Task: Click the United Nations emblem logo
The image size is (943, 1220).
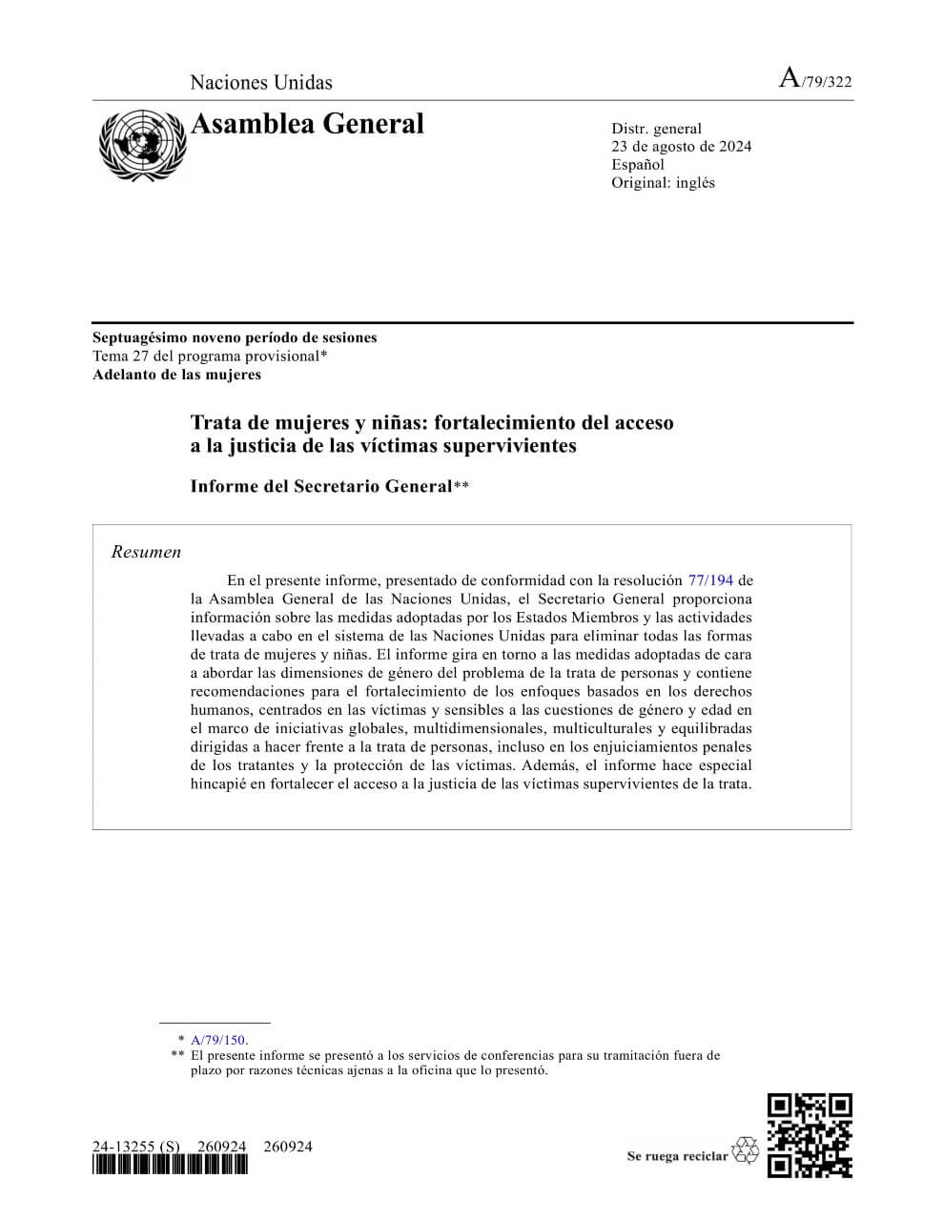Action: click(x=141, y=146)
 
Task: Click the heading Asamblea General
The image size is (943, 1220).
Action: click(x=307, y=124)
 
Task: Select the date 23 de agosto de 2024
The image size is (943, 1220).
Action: click(x=681, y=146)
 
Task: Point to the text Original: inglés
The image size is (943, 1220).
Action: click(x=663, y=182)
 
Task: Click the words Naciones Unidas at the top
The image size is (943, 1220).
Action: click(x=261, y=82)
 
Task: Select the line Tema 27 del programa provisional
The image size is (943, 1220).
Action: click(x=210, y=356)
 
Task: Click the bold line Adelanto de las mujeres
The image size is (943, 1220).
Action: click(x=176, y=374)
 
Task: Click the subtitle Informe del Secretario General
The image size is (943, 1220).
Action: click(x=320, y=486)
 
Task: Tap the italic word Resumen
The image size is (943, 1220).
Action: click(x=146, y=552)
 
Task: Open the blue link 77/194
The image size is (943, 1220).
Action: click(x=709, y=579)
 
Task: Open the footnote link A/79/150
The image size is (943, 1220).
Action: click(x=218, y=1040)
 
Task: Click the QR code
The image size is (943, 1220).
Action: click(x=810, y=1136)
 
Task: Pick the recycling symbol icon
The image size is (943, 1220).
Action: click(x=745, y=1150)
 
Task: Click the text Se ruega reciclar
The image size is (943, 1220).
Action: click(x=677, y=1156)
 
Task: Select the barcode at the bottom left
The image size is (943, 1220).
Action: click(x=170, y=1165)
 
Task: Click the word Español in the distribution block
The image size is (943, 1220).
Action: click(x=638, y=164)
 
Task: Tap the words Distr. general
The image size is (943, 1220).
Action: click(x=656, y=128)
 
